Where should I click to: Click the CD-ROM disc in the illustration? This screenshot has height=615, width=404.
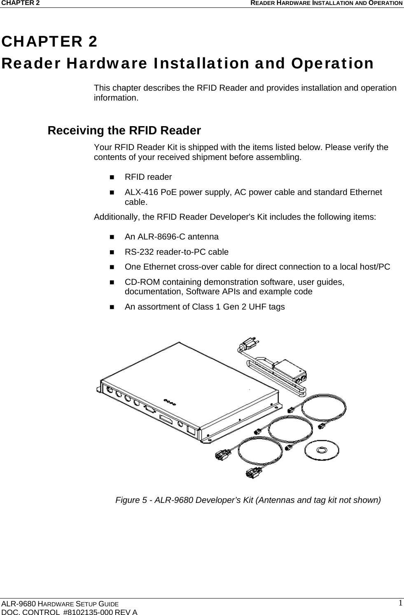point(322,449)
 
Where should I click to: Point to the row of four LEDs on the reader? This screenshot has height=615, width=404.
point(170,401)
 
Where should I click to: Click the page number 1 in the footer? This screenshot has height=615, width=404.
point(400,603)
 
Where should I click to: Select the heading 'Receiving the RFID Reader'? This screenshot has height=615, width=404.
point(124,131)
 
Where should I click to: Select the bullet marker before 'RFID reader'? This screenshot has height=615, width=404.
point(112,177)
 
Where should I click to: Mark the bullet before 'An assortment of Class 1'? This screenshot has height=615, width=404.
point(112,307)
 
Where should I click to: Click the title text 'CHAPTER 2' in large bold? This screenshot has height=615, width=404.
point(49,42)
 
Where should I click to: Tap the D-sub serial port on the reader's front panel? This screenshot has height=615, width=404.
point(150,409)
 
